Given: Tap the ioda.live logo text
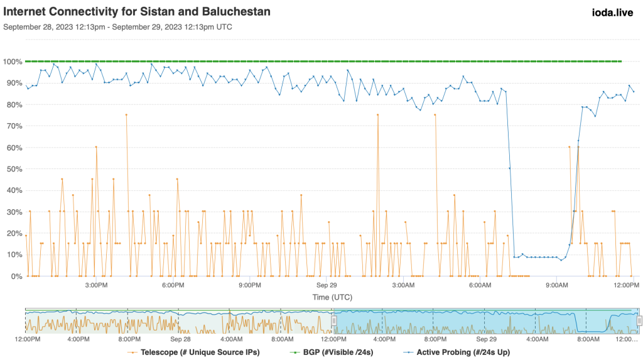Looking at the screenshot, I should coord(615,11).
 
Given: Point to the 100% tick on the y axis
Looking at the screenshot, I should coord(13,62).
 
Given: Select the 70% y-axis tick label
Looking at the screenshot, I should coord(13,126).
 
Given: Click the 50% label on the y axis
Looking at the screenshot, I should coord(13,169).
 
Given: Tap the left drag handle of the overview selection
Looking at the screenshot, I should coord(334,320).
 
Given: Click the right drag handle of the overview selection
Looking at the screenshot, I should coord(639,320).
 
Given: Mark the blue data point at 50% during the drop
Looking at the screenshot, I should coord(510,168).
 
